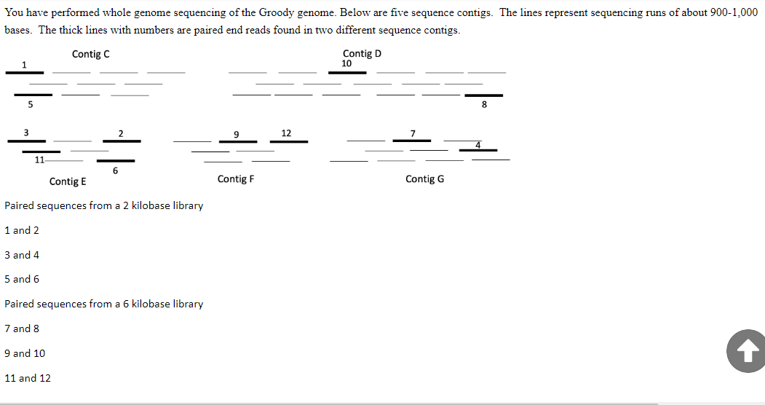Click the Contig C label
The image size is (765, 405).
(x=91, y=54)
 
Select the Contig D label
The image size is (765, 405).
(x=362, y=53)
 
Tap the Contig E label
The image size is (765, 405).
(x=68, y=181)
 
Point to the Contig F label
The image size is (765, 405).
(x=236, y=178)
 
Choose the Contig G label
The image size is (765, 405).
(x=424, y=178)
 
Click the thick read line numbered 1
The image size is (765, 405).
(x=25, y=72)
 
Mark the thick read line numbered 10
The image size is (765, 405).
(x=347, y=72)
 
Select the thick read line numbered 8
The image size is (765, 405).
(x=483, y=95)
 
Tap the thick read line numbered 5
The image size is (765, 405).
(x=33, y=95)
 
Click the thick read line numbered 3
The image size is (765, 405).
(x=27, y=140)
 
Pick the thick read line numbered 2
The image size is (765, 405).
(x=122, y=141)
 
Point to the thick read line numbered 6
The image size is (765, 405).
(x=116, y=160)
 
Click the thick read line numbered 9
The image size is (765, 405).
(x=237, y=141)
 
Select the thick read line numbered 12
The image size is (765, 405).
(x=288, y=141)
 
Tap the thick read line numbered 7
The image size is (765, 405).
(x=412, y=140)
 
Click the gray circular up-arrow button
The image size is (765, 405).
(x=745, y=352)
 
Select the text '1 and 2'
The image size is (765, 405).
(x=22, y=230)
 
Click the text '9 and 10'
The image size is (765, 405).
(x=25, y=353)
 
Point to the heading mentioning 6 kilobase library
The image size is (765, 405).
(x=104, y=304)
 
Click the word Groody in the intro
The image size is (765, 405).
(x=276, y=13)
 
